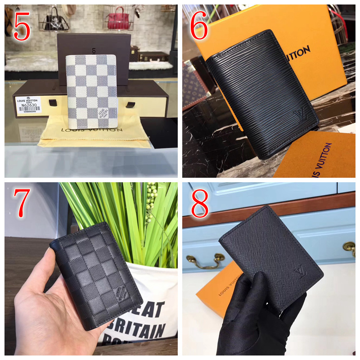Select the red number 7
pos(22,203)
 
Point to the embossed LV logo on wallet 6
pos(300,116)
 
